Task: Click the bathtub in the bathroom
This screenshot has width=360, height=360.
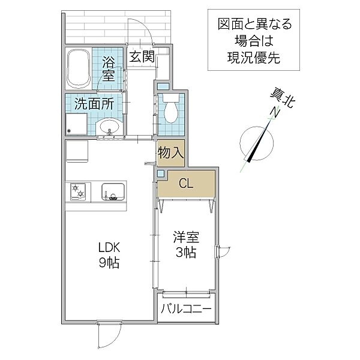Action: pyautogui.click(x=78, y=68)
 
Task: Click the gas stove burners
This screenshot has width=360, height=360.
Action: pyautogui.click(x=77, y=191)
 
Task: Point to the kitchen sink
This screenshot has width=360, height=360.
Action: pyautogui.click(x=113, y=191)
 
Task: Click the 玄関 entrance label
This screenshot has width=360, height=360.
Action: pyautogui.click(x=142, y=57)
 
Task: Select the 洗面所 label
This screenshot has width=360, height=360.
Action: pyautogui.click(x=94, y=104)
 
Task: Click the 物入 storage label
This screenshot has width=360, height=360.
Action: pyautogui.click(x=170, y=152)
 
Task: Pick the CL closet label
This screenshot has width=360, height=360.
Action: pyautogui.click(x=186, y=184)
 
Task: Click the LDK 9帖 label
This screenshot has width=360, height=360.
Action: pyautogui.click(x=109, y=255)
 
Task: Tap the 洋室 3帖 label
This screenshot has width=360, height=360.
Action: pyautogui.click(x=186, y=245)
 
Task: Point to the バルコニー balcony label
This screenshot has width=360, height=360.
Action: pyautogui.click(x=186, y=309)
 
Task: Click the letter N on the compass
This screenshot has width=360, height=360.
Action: pyautogui.click(x=275, y=112)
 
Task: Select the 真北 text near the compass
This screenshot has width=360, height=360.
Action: pyautogui.click(x=283, y=98)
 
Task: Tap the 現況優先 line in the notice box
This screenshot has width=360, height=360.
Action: pyautogui.click(x=254, y=58)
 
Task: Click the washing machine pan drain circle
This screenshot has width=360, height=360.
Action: pyautogui.click(x=68, y=131)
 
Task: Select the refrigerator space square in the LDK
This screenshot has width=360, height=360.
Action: pyautogui.click(x=77, y=151)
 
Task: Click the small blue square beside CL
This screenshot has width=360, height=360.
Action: pyautogui.click(x=161, y=173)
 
